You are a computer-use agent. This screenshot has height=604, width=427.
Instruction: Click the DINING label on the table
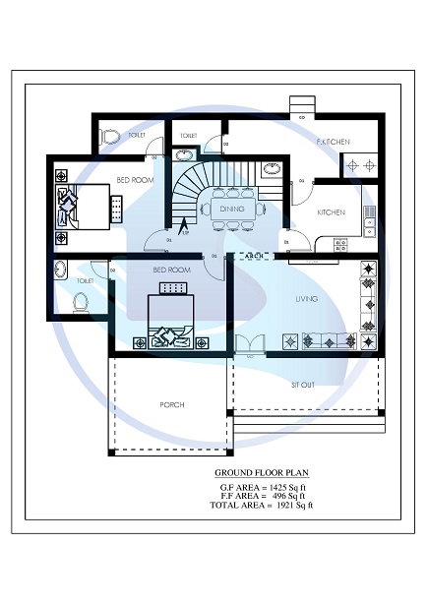[x=231, y=209]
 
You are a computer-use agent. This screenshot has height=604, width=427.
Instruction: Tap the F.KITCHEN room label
[x=334, y=143]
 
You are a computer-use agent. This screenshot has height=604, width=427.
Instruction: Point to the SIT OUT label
[x=303, y=384]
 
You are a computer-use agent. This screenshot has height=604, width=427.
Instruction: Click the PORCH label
[x=173, y=404]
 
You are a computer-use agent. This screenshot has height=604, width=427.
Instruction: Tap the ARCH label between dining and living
[x=253, y=256]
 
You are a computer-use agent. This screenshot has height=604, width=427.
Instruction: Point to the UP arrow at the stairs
[x=182, y=235]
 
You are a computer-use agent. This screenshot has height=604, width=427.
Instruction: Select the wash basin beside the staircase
[x=184, y=154]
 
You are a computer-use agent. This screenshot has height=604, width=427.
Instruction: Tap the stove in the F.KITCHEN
[x=356, y=165]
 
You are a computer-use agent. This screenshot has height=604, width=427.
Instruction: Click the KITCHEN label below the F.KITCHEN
[x=331, y=212]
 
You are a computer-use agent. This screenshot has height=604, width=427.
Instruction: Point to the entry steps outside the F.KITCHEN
[x=300, y=106]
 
